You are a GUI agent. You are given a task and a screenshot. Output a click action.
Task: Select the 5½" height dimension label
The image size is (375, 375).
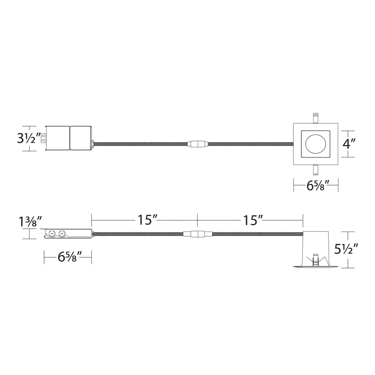[x=346, y=249]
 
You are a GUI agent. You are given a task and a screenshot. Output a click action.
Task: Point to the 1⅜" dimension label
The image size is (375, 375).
[x=30, y=221]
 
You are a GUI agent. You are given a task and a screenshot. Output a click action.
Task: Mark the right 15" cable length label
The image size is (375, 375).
[x=253, y=220]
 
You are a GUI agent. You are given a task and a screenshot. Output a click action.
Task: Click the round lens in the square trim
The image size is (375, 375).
[x=315, y=144]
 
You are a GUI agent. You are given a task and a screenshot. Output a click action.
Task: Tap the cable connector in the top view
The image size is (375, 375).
[x=198, y=144]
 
